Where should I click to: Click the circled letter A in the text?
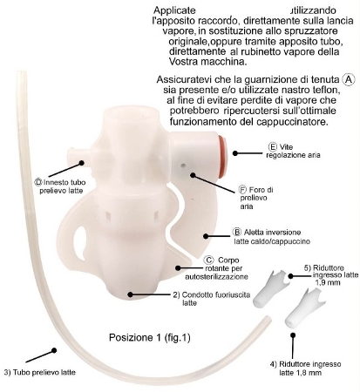(x=349, y=79)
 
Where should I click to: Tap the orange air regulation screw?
(x=222, y=157)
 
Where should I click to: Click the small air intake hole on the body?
(x=183, y=166)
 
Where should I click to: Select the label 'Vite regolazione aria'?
(x=293, y=151)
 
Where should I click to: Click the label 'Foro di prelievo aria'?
(x=255, y=198)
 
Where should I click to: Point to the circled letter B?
(x=237, y=232)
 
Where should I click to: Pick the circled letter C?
(x=208, y=260)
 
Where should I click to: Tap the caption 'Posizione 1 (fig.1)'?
(x=150, y=337)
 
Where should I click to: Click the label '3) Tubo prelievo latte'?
(x=40, y=372)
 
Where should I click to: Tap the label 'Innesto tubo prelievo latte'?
(x=60, y=186)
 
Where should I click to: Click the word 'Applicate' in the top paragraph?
(x=174, y=10)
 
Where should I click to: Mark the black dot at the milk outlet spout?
(x=130, y=294)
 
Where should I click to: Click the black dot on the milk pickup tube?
(x=54, y=350)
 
